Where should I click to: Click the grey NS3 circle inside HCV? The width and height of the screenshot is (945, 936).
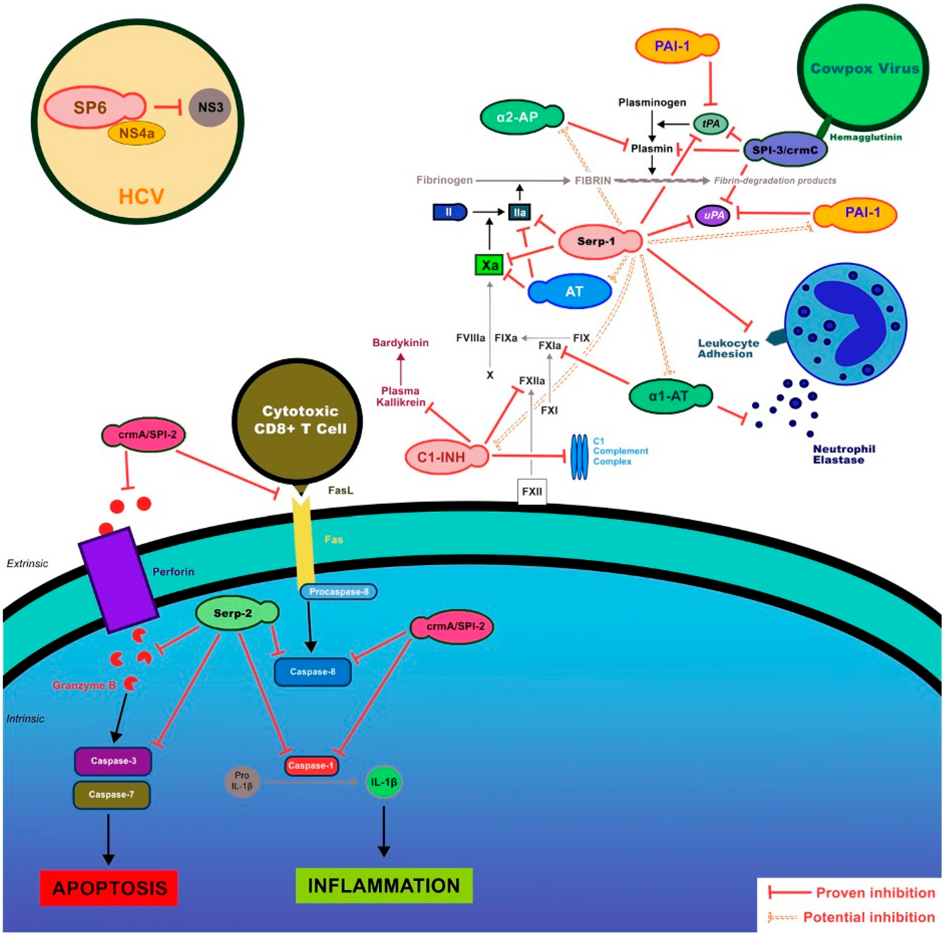point(210,107)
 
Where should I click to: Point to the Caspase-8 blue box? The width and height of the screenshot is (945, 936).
point(313,672)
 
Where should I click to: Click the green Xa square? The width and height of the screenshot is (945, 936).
point(490,265)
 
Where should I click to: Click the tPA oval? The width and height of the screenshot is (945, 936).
point(711,124)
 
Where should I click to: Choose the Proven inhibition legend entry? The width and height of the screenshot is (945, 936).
point(851,892)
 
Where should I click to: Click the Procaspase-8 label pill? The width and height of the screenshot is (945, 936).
point(338,592)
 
